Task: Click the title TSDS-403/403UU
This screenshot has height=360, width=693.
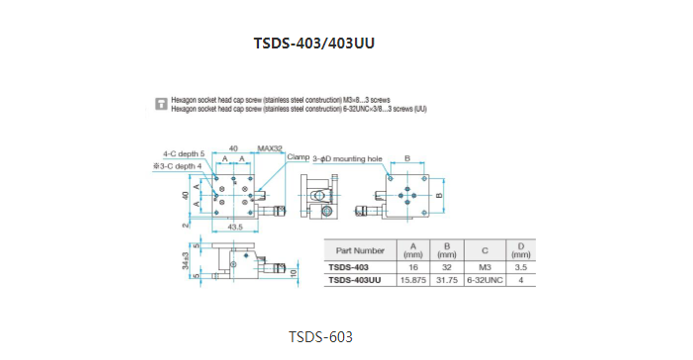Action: [x=315, y=44]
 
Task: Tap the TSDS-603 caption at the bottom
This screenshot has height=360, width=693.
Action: [x=320, y=337]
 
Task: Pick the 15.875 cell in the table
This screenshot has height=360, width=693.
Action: [x=413, y=281]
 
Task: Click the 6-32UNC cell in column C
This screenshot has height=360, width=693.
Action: [x=482, y=281]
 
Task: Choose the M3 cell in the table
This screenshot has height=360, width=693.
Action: [x=482, y=267]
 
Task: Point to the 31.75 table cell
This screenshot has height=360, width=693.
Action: [x=449, y=281]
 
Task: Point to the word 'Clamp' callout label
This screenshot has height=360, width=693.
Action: [x=299, y=157]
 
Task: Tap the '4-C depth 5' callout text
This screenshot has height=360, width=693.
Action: [x=184, y=154]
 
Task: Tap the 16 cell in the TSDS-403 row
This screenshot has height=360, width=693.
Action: [x=413, y=267]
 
